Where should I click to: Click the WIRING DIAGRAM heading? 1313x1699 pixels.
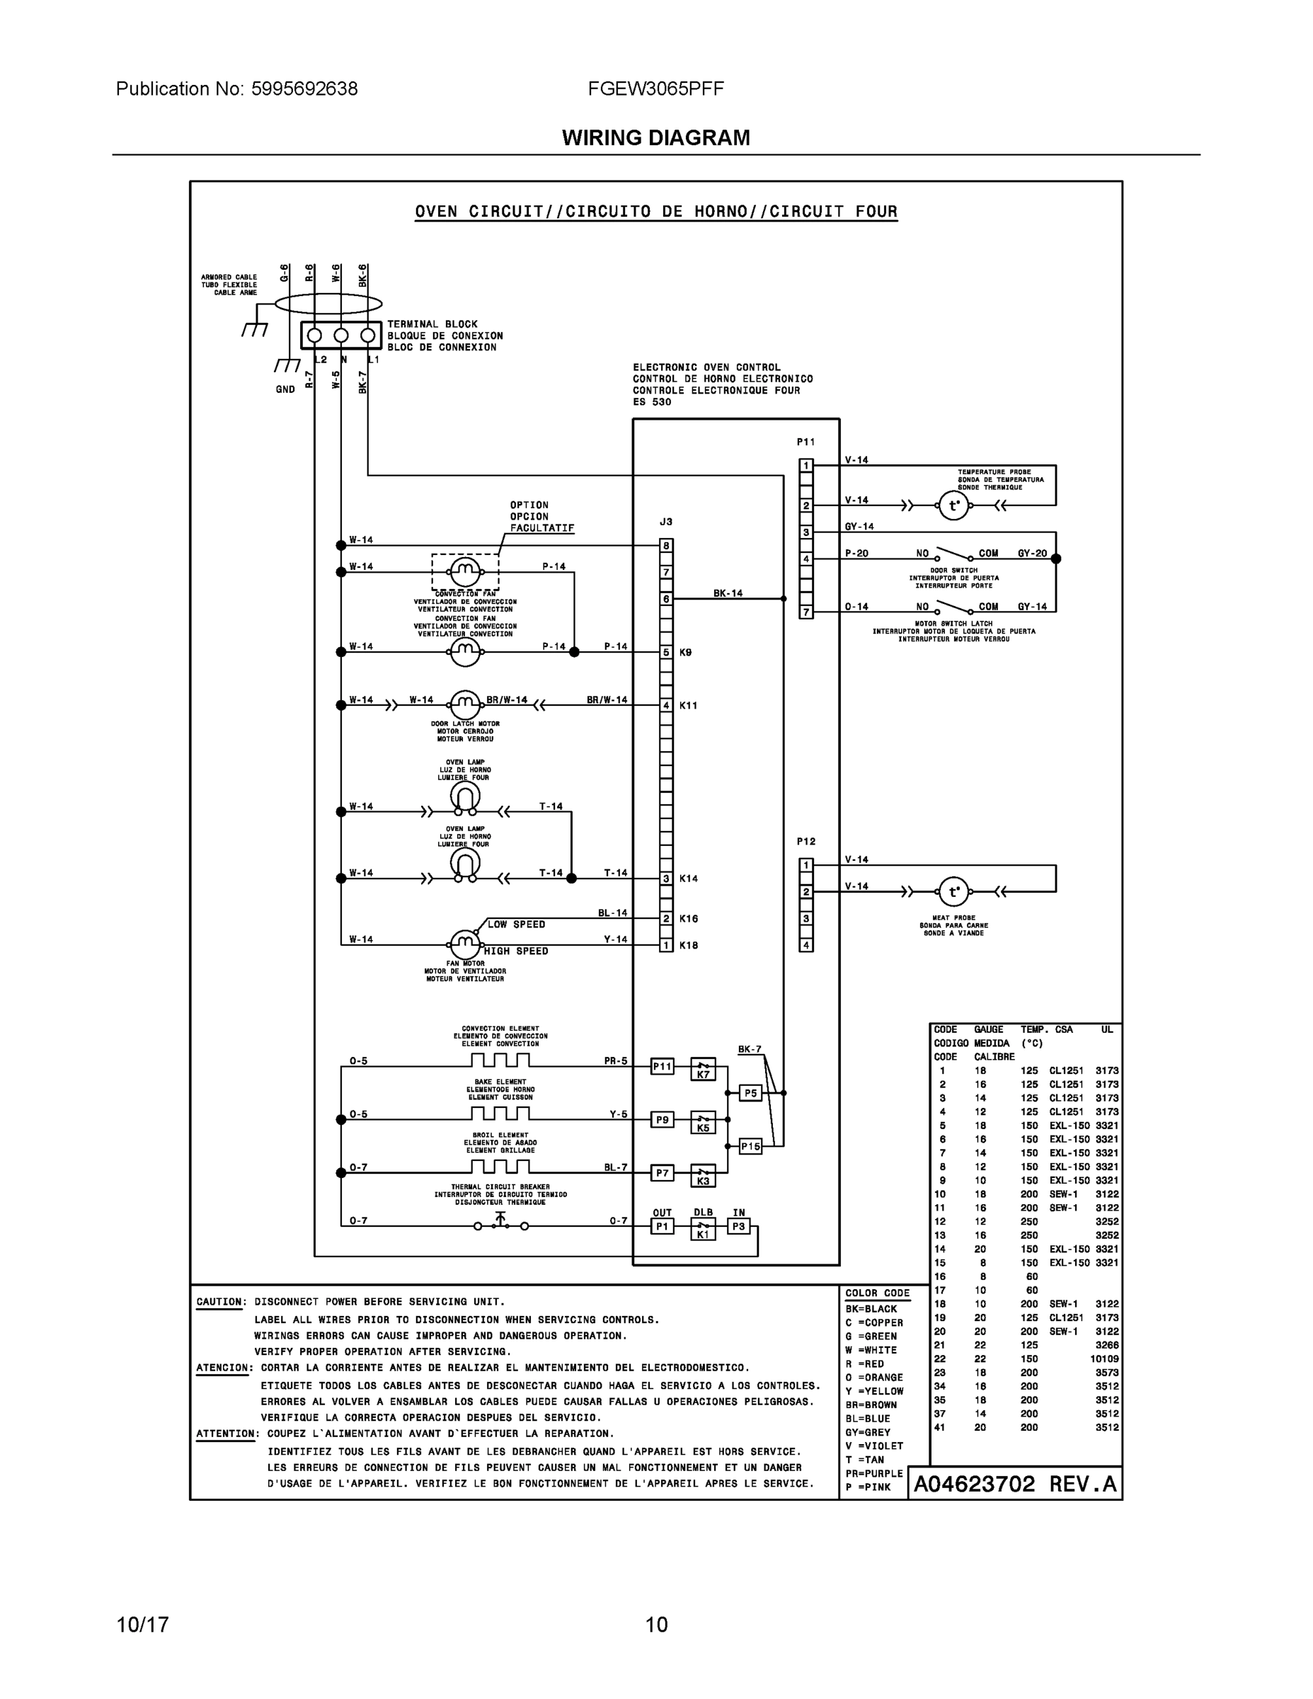(655, 138)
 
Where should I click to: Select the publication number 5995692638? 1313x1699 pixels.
(304, 88)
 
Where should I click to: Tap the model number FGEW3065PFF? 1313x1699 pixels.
(655, 88)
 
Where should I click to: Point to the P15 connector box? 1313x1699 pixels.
(750, 1146)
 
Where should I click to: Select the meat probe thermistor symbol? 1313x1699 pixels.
(953, 891)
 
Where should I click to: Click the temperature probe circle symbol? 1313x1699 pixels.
(953, 505)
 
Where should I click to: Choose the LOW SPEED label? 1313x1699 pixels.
(516, 924)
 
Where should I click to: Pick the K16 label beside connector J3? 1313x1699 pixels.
(689, 919)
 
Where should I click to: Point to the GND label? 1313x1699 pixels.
(285, 390)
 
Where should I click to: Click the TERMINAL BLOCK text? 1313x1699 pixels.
(432, 324)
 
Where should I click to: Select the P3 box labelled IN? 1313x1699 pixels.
(738, 1227)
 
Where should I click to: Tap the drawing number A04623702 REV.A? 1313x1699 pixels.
(1014, 1485)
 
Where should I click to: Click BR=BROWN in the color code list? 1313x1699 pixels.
(871, 1405)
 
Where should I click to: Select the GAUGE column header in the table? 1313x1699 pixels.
(989, 1029)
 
